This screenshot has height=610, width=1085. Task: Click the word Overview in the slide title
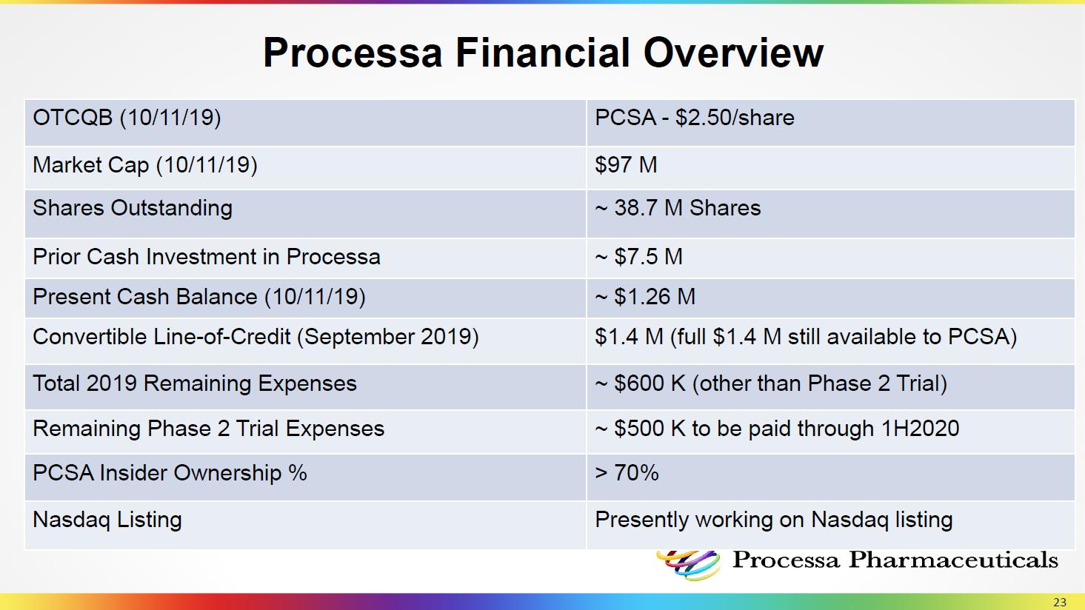[733, 53]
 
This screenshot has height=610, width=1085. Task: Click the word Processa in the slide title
[353, 53]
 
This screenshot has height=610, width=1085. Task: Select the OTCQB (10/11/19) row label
[127, 118]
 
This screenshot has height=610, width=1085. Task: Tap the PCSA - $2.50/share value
[695, 118]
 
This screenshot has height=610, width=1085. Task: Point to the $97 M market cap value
[626, 164]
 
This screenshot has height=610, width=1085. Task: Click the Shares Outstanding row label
[133, 208]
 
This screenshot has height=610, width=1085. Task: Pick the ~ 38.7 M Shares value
[678, 208]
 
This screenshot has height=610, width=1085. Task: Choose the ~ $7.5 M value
[638, 256]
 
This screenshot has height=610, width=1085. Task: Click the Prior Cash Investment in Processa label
[207, 257]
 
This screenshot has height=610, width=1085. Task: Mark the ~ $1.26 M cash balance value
[644, 296]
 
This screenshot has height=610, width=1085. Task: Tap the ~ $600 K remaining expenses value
[640, 383]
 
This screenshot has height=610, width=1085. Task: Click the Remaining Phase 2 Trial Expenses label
[208, 429]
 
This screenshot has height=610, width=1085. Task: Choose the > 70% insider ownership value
[627, 472]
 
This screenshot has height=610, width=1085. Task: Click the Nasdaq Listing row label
[107, 520]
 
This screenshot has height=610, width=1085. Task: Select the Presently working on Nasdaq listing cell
[773, 520]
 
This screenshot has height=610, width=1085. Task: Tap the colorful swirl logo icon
[688, 565]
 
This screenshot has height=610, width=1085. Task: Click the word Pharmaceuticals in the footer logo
[953, 560]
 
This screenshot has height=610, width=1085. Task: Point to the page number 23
[1060, 602]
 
